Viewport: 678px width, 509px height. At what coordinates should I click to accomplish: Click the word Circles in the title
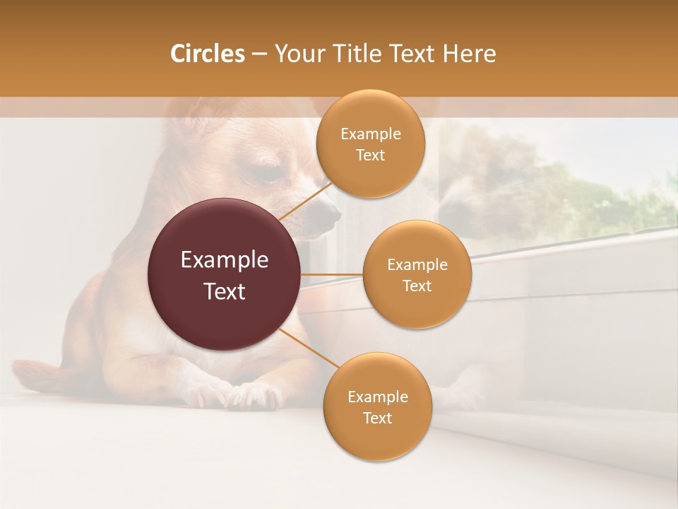coord(207,54)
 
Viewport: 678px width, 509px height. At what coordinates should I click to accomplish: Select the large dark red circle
coord(225,274)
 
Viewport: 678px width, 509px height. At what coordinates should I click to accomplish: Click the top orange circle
coord(370,144)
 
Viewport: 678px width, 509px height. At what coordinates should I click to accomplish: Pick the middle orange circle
coord(417,275)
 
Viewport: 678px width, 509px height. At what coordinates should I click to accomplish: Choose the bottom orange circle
coord(377,407)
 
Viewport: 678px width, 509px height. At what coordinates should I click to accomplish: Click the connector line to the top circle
coord(305,199)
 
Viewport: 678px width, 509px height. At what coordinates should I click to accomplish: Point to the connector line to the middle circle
coord(332,274)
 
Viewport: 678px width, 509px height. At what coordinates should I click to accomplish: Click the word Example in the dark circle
coord(225,260)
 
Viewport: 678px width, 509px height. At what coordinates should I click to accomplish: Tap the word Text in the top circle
coord(370,156)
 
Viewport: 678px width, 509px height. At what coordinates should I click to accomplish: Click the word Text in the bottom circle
coord(377,419)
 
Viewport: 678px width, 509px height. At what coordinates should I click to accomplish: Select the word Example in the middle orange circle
coord(417,265)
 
